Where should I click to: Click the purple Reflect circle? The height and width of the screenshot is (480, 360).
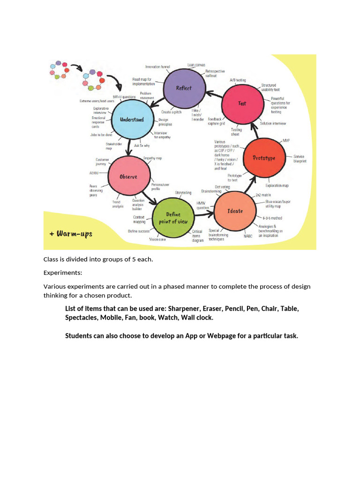[184, 88]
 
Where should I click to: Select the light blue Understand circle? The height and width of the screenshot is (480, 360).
[131, 120]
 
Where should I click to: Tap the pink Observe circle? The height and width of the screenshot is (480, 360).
[128, 177]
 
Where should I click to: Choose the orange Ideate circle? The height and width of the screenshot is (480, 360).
[235, 211]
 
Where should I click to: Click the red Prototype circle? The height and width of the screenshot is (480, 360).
[264, 158]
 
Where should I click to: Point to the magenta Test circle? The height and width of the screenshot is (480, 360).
[242, 103]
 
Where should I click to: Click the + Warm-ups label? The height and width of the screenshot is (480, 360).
[71, 233]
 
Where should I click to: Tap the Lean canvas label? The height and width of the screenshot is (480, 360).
[196, 65]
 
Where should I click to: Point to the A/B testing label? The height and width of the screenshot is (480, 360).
[238, 80]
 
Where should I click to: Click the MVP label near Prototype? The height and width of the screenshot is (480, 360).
[286, 141]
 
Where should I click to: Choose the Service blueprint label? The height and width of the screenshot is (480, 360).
[300, 158]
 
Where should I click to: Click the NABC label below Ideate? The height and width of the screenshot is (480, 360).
[248, 236]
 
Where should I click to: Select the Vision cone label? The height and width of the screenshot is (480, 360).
[157, 239]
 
